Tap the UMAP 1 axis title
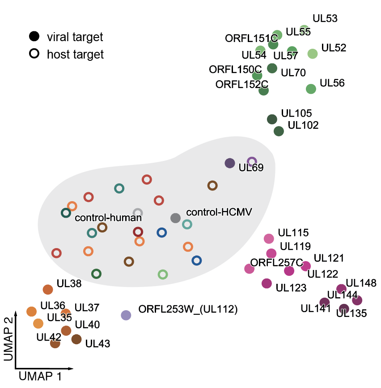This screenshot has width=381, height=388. pyautogui.click(x=40, y=377)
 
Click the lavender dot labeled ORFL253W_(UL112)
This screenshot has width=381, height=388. pyautogui.click(x=126, y=315)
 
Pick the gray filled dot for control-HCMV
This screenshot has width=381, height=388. pyautogui.click(x=176, y=218)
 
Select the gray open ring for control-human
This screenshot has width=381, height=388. pyautogui.click(x=138, y=213)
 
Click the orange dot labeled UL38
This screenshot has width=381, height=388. pyautogui.click(x=48, y=290)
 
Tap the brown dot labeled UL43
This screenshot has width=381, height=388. pyautogui.click(x=76, y=339)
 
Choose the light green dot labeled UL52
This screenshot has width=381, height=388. pyautogui.click(x=313, y=54)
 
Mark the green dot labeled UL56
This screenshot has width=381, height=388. pyautogui.click(x=311, y=89)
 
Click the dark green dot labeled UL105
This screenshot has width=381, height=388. pyautogui.click(x=272, y=119)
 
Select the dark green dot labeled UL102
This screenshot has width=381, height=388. pyautogui.click(x=279, y=131)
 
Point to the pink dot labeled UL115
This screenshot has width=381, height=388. pyautogui.click(x=269, y=239)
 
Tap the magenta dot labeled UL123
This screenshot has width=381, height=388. pyautogui.click(x=267, y=283)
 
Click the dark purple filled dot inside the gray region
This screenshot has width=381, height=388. pyautogui.click(x=230, y=163)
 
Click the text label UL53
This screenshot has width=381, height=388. pyautogui.click(x=325, y=19)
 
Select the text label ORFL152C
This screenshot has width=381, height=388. pyautogui.click(x=241, y=84)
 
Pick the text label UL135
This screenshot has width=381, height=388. pyautogui.click(x=351, y=313)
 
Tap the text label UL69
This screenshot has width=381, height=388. pyautogui.click(x=251, y=168)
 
